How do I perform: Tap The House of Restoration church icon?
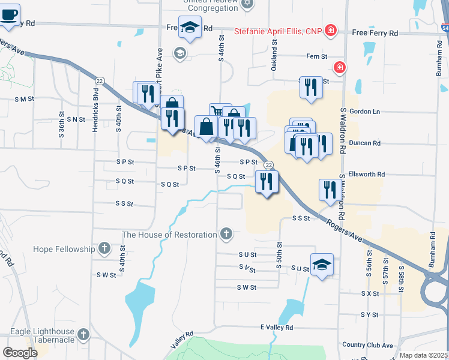(226, 233)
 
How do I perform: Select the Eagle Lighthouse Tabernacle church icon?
(83, 334)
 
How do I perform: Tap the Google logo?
(20, 353)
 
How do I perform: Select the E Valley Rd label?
(276, 328)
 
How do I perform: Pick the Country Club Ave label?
(367, 345)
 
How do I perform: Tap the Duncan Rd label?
(368, 143)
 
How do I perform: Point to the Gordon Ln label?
(368, 112)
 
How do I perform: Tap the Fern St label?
(316, 56)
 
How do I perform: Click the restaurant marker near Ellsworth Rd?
(330, 190)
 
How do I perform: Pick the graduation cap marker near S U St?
(322, 265)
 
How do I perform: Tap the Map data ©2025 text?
(424, 355)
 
